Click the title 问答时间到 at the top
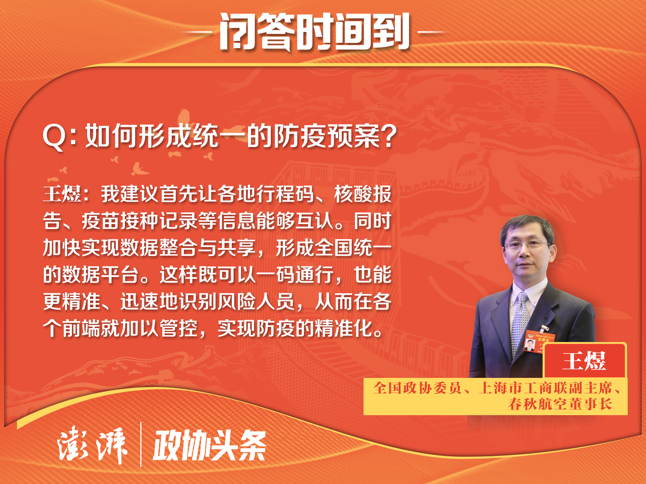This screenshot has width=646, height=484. coord(315,32)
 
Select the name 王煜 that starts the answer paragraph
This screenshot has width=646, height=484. coord(62,194)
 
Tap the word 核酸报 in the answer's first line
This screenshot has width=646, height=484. coord(362,194)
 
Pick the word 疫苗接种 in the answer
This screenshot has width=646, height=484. coord(120,221)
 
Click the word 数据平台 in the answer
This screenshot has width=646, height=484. coord(91,275)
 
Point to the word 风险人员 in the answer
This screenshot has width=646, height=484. coord(256,302)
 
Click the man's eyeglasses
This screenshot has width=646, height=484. coord(526,245)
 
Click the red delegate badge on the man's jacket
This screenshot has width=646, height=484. coord(538,342)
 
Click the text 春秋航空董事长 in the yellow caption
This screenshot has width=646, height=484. coord(560,404)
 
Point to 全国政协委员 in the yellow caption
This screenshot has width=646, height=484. coord(417,388)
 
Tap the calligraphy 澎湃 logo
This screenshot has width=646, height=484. coord(92,445)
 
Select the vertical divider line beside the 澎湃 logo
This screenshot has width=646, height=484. coord(141,445)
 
